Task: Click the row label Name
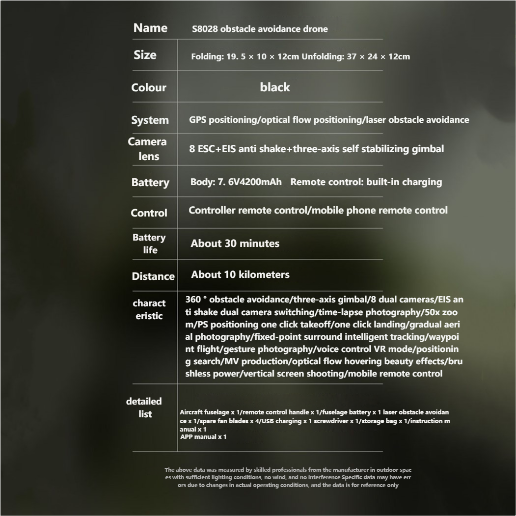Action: click(150, 28)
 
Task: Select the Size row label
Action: click(145, 55)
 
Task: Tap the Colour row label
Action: click(149, 88)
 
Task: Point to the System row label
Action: click(150, 120)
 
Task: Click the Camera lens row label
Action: click(148, 149)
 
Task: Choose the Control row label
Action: click(149, 213)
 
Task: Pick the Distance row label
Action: click(153, 276)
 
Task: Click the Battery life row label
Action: click(149, 244)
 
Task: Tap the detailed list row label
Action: click(144, 407)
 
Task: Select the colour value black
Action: click(275, 87)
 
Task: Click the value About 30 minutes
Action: click(235, 244)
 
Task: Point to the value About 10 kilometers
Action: click(240, 274)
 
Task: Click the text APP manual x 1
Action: click(203, 436)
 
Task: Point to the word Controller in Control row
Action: click(212, 210)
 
